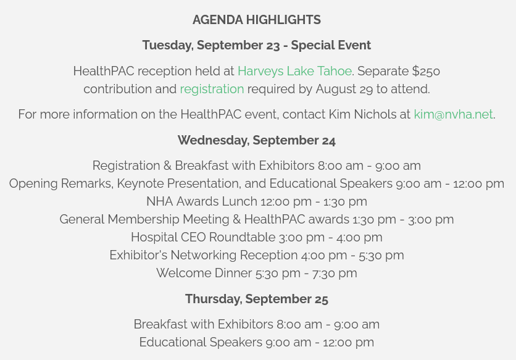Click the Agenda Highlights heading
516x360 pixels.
coord(256,20)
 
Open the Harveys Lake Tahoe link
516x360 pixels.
coord(294,71)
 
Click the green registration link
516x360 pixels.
coord(212,89)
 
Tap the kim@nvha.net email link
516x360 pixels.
coord(453,114)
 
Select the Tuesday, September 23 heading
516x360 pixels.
coord(256,45)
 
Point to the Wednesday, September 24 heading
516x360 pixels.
coord(256,140)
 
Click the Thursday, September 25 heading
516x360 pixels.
coord(256,299)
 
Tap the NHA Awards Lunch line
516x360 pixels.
coord(256,201)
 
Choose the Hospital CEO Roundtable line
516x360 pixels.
coord(256,237)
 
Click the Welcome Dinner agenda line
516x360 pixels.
coord(256,273)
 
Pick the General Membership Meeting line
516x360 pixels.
coord(256,219)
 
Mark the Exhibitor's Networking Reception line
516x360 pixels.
coord(256,255)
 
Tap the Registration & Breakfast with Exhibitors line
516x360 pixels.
coord(256,165)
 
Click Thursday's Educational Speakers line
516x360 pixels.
coord(256,342)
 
